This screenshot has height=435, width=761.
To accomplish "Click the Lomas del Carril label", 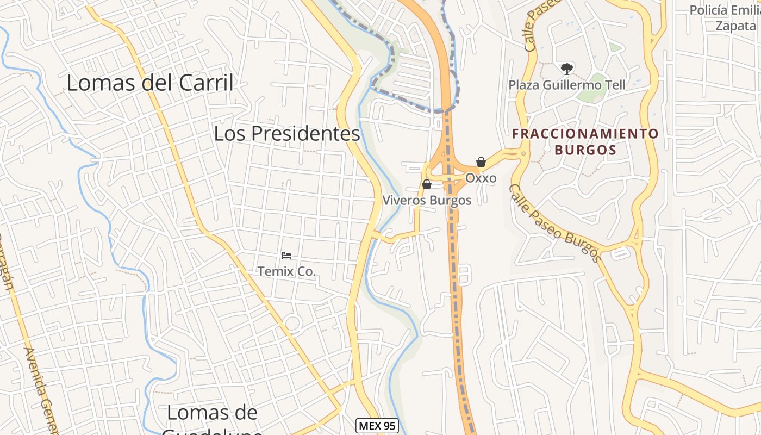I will click(x=150, y=83).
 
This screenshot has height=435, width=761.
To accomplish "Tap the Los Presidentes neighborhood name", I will click(x=287, y=134).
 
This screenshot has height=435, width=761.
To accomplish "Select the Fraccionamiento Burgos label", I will click(x=585, y=141).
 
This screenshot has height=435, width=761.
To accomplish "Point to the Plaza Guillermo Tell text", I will click(x=567, y=85).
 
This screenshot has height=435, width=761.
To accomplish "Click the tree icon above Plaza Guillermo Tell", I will click(x=566, y=69).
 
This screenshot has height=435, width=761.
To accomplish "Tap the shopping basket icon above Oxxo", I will click(x=481, y=162).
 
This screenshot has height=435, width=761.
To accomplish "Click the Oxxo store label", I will click(x=481, y=178).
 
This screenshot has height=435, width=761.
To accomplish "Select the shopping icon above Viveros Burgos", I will click(x=427, y=184).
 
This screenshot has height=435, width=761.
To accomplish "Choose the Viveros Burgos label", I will click(x=427, y=200).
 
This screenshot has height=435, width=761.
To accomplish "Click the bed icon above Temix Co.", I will click(x=286, y=255).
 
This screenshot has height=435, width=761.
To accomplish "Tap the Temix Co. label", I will click(x=286, y=271).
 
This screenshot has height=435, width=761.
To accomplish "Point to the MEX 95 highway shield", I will click(x=377, y=426).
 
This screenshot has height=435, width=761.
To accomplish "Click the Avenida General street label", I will click(x=41, y=391).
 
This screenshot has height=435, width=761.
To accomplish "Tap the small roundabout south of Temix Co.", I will click(x=293, y=323).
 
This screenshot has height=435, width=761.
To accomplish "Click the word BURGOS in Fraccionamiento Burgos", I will click(x=585, y=150).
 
